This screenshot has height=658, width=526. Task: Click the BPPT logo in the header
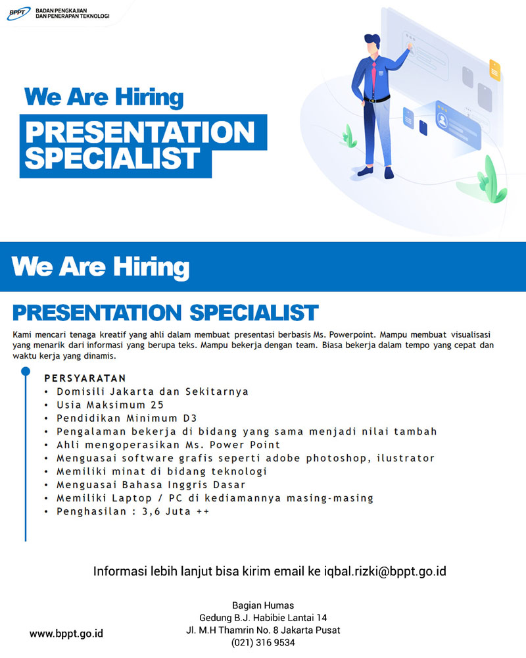19,13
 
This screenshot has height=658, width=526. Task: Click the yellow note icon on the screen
495,70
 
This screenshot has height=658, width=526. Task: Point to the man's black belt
377,99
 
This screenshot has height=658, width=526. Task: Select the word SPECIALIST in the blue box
112,159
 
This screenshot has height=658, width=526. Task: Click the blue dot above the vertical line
26,371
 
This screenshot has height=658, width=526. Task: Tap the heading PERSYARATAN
85,378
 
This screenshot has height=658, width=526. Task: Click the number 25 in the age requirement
157,405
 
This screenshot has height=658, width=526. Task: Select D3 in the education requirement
190,418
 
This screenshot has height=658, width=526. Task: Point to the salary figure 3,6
151,511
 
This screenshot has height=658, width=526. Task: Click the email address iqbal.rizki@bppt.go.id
385,572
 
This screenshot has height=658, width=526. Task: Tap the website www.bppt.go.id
66,634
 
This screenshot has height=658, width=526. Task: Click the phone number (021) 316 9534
263,642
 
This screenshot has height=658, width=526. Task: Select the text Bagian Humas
263,605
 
